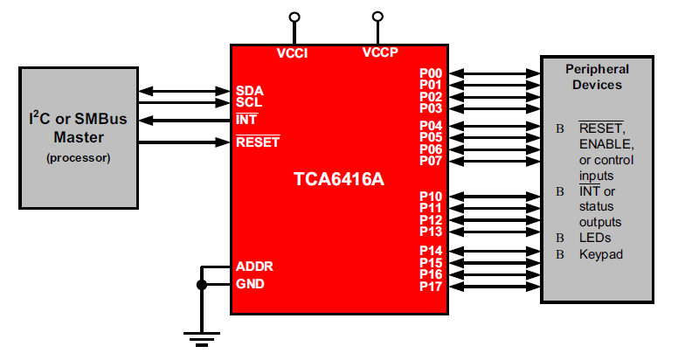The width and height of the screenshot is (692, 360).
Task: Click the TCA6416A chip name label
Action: [x=339, y=180]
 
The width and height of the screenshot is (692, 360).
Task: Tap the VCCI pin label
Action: [x=293, y=52]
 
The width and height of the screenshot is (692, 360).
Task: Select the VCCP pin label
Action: [x=380, y=52]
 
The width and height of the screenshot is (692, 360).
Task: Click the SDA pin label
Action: [x=249, y=91]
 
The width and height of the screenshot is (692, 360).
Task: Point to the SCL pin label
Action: [x=249, y=102]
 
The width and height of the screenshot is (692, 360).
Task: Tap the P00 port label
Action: [x=431, y=73]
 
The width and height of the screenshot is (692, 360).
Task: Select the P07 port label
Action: [x=431, y=160]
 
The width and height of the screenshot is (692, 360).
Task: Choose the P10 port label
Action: [x=431, y=197]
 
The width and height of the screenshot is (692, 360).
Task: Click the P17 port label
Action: [x=431, y=286]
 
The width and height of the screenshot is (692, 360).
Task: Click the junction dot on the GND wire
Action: [x=202, y=284]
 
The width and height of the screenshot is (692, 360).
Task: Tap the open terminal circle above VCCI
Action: [x=294, y=17]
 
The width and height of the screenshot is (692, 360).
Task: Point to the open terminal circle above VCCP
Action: [x=377, y=17]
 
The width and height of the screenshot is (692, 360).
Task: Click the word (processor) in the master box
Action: [x=79, y=158]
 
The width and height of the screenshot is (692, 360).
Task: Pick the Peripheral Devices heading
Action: [x=597, y=77]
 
